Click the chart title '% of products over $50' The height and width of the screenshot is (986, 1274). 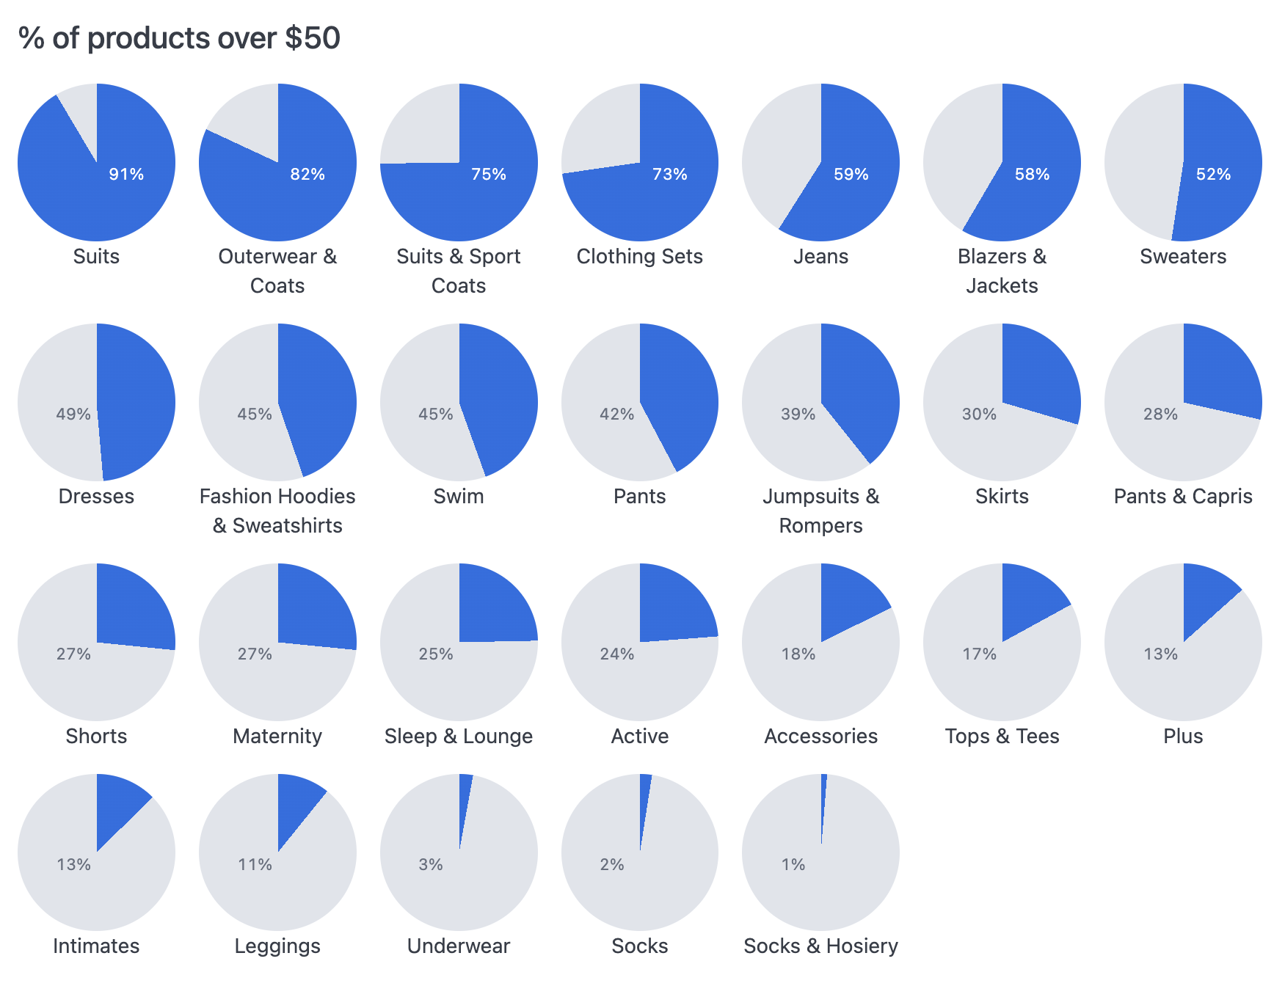click(179, 38)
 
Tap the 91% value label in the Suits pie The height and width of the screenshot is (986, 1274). click(126, 175)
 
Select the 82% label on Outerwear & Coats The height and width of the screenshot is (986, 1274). click(307, 175)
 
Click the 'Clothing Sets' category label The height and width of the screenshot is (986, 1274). click(639, 257)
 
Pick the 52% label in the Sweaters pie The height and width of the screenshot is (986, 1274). click(1213, 175)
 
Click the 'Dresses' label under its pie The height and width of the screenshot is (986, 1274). click(96, 497)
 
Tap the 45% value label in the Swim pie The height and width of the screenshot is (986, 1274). click(436, 415)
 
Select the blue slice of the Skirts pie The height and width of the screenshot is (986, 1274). click(1038, 374)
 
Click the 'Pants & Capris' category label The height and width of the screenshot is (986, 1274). click(1183, 497)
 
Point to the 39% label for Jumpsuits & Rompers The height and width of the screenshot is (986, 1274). click(798, 415)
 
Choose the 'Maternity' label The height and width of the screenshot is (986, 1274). click(277, 737)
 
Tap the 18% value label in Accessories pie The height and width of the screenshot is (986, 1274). click(798, 654)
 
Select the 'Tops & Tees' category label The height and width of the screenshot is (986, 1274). click(1002, 737)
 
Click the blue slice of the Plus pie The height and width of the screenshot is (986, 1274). click(1204, 594)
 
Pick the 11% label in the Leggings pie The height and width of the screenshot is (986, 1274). click(255, 865)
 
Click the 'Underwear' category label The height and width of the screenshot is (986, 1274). click(459, 946)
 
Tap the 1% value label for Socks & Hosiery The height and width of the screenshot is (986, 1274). click(793, 865)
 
